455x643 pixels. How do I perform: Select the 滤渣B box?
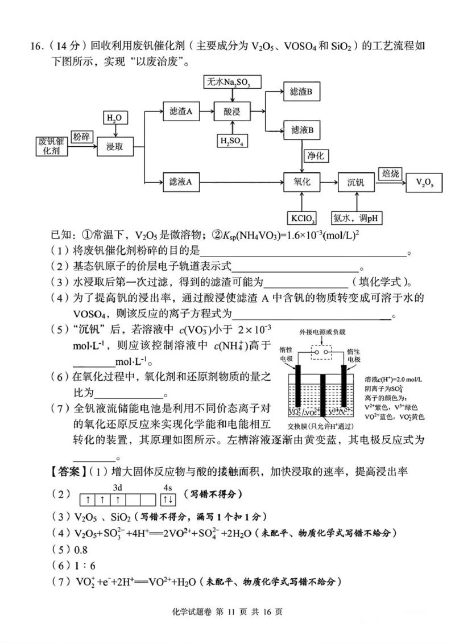tap(301, 91)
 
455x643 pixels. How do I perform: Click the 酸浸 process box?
tap(232, 112)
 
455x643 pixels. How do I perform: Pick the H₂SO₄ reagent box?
tap(232, 141)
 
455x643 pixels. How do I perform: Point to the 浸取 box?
tap(115, 147)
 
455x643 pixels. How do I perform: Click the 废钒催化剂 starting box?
tap(52, 147)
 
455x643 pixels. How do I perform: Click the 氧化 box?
tap(302, 182)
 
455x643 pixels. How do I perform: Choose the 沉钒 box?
tap(357, 182)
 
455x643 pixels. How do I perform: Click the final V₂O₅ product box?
tap(425, 182)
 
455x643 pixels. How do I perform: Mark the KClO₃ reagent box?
tap(302, 218)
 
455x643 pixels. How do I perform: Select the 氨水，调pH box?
tap(357, 218)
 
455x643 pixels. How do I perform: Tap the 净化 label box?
tap(316, 155)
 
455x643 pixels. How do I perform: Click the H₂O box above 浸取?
tap(114, 118)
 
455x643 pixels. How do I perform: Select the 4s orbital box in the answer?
tap(168, 499)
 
